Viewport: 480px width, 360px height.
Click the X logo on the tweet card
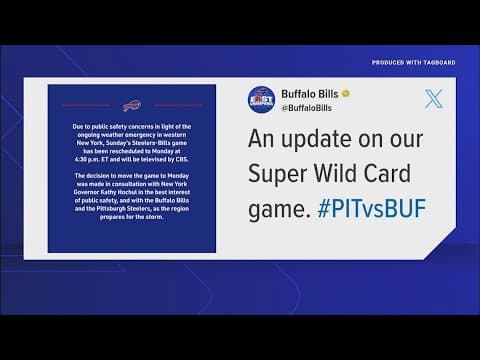pyautogui.click(x=432, y=98)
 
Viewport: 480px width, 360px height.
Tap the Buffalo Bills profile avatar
pyautogui.click(x=263, y=100)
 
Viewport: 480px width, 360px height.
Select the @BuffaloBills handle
pyautogui.click(x=308, y=107)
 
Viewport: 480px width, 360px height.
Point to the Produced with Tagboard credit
pyautogui.click(x=413, y=62)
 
